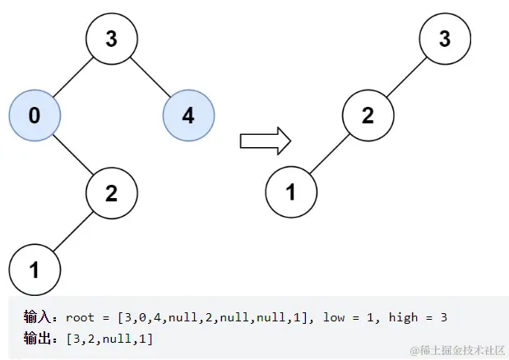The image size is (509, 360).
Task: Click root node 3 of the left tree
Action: click(112, 38)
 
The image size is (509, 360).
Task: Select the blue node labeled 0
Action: click(35, 115)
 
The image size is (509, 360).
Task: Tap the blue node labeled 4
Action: click(188, 115)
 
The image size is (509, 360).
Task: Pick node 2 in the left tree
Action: click(112, 192)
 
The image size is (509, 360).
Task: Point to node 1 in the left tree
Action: click(35, 269)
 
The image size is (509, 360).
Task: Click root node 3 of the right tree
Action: click(445, 38)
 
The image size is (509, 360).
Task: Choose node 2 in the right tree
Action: click(368, 115)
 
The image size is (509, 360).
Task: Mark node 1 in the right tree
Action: click(291, 192)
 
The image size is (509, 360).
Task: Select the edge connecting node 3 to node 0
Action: click(73, 76)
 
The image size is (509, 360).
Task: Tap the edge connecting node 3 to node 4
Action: click(150, 76)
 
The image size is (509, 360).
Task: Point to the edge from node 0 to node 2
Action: click(73, 154)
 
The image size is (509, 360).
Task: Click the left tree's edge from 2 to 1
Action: click(73, 231)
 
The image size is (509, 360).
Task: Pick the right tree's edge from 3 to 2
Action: click(406, 76)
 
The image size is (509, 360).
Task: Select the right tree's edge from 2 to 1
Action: click(329, 154)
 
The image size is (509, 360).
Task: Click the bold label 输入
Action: click(38, 316)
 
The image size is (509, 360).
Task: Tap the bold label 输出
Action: click(38, 338)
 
